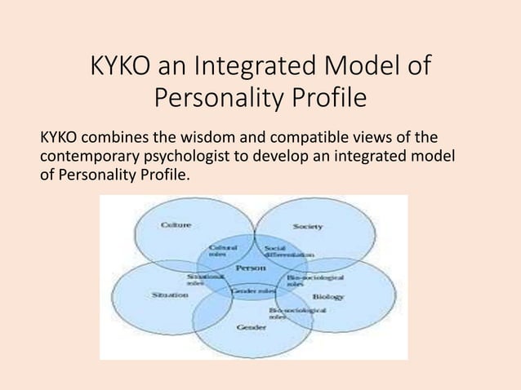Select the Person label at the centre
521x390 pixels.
tap(250, 268)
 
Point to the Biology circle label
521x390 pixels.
tap(327, 296)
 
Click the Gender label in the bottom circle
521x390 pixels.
tap(252, 327)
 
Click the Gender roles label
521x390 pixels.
tap(253, 290)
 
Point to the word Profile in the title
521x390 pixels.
tap(326, 101)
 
